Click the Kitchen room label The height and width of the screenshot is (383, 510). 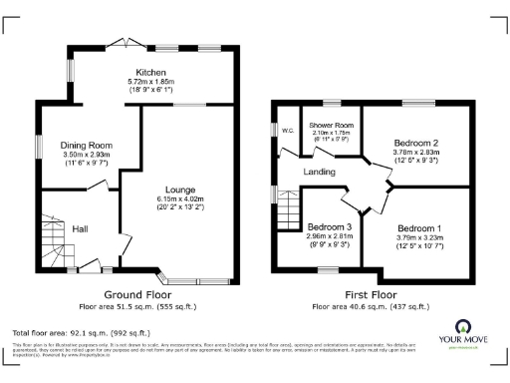click(x=151, y=72)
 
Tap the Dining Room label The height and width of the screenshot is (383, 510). click(x=87, y=146)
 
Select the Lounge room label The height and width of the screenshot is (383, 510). click(x=180, y=190)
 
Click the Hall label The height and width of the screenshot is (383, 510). click(x=81, y=228)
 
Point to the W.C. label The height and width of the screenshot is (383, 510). click(x=288, y=129)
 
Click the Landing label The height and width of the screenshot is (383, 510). click(x=320, y=173)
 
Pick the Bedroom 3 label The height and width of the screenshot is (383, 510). click(x=329, y=226)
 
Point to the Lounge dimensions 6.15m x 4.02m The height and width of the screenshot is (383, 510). click(x=180, y=199)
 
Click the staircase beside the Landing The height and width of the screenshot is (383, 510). click(x=287, y=210)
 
